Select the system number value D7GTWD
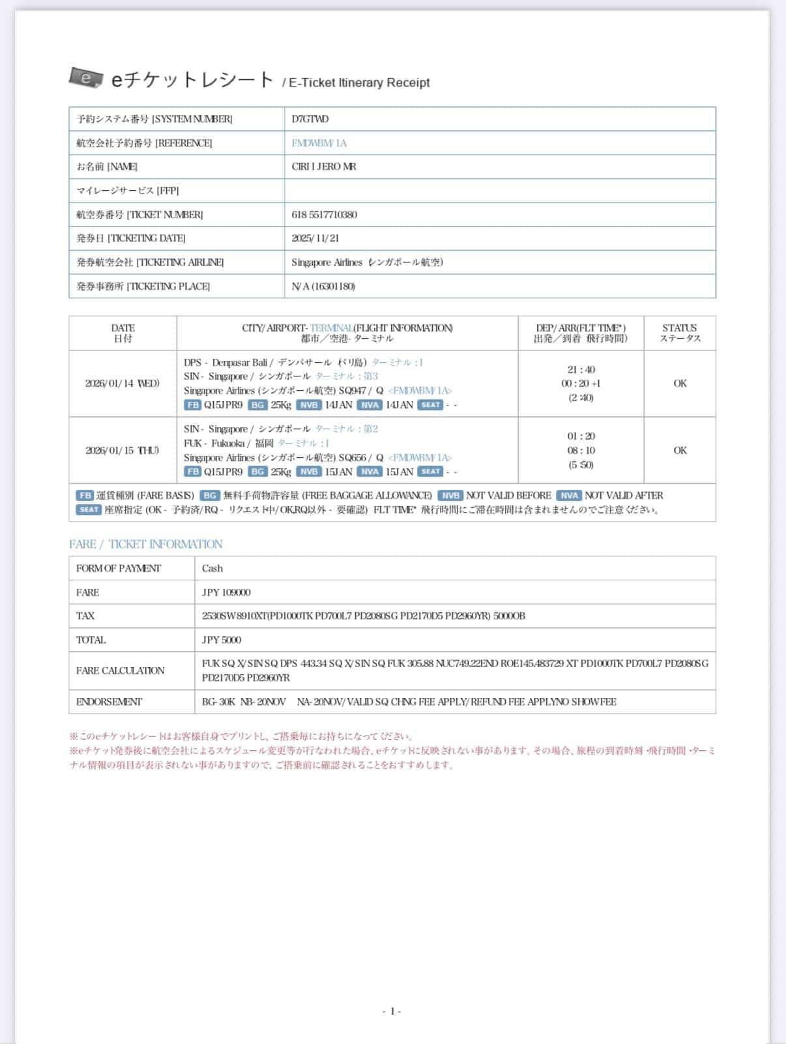pyautogui.click(x=310, y=119)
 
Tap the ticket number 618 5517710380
pyautogui.click(x=324, y=214)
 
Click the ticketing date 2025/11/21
pyautogui.click(x=315, y=238)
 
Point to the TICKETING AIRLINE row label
pyautogui.click(x=150, y=262)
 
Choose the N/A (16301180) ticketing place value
pyautogui.click(x=323, y=286)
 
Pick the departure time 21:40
pyautogui.click(x=581, y=369)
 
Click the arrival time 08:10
pyautogui.click(x=581, y=450)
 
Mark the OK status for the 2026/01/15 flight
pyautogui.click(x=680, y=450)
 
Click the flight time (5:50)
pyautogui.click(x=581, y=464)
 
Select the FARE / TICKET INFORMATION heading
pyautogui.click(x=146, y=544)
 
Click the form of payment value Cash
pyautogui.click(x=212, y=569)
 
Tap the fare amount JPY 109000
pyautogui.click(x=226, y=593)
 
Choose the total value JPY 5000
pyautogui.click(x=222, y=640)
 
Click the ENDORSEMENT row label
pyautogui.click(x=109, y=702)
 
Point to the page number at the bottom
pyautogui.click(x=392, y=1011)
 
